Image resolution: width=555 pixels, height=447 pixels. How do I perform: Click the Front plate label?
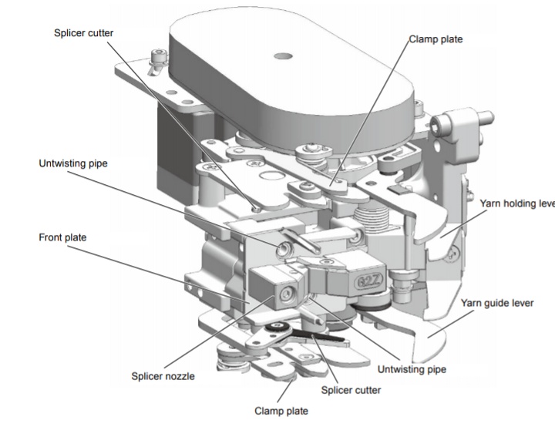coord(62,237)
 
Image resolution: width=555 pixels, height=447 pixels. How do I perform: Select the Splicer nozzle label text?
coord(163,376)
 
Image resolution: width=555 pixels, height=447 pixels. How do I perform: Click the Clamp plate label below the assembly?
coord(281,411)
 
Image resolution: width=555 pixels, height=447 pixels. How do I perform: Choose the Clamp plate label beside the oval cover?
coord(436,39)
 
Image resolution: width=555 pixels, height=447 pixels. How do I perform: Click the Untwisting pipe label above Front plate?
coord(75,163)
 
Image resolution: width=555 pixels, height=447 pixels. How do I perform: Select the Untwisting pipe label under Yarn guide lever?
coord(409,369)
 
